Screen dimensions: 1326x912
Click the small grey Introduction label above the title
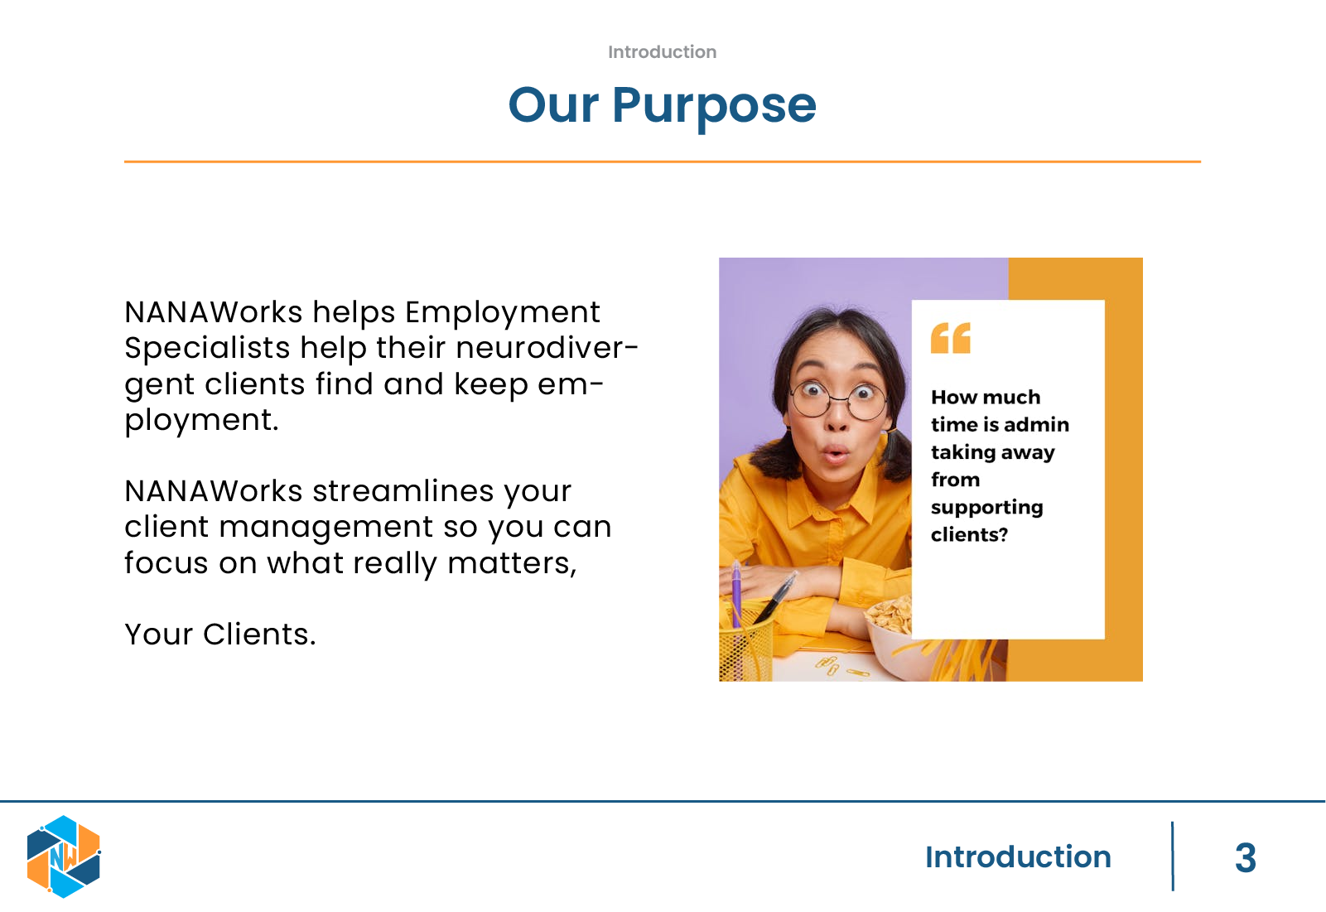(662, 52)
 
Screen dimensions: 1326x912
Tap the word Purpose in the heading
(714, 107)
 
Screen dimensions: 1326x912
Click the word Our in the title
(553, 105)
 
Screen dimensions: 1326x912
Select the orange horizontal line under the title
(663, 161)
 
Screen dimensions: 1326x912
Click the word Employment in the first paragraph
(503, 313)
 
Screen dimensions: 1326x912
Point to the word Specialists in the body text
(207, 348)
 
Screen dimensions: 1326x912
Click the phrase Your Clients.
(220, 635)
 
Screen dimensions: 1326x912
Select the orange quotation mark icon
(951, 338)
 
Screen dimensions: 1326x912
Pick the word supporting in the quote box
(986, 508)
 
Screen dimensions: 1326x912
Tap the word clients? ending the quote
(969, 535)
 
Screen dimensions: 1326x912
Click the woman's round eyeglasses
(838, 401)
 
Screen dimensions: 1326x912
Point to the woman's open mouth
(835, 455)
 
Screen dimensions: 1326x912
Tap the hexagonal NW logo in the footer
(64, 857)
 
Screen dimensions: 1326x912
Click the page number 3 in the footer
(1246, 858)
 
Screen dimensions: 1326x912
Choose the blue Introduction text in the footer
(1018, 857)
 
